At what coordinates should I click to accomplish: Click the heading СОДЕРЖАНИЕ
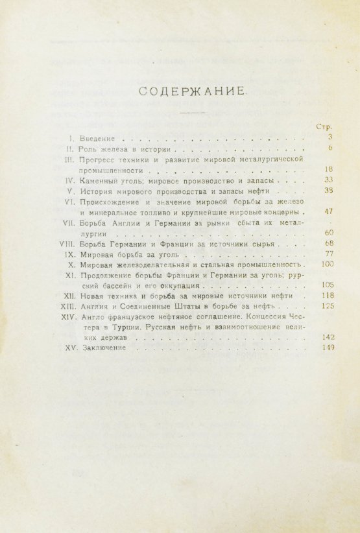pyautogui.click(x=193, y=92)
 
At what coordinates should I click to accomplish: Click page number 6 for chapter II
pyautogui.click(x=330, y=148)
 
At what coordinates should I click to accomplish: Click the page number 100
pyautogui.click(x=326, y=265)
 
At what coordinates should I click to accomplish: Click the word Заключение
pyautogui.click(x=103, y=349)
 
